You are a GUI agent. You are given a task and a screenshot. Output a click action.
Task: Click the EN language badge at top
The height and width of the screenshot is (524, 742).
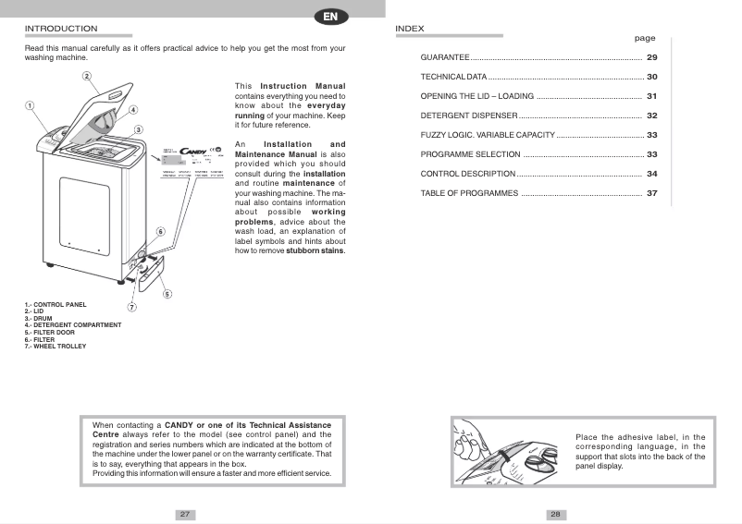tap(330, 16)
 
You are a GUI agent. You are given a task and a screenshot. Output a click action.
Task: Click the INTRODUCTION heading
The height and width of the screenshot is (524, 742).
tap(60, 29)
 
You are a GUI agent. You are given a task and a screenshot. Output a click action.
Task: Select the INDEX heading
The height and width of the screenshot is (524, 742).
tap(410, 29)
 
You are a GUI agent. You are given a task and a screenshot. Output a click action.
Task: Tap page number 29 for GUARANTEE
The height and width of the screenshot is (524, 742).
tap(651, 57)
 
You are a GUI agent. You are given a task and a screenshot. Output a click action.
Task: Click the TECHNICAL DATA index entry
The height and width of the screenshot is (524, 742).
tap(453, 77)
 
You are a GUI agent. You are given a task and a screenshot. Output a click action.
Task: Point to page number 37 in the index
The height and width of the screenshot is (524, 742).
tap(651, 193)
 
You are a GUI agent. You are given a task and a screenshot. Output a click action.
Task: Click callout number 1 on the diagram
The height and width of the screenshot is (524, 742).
tap(30, 105)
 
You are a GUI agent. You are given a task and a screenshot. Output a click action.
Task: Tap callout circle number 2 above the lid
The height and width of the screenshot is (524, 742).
tap(86, 76)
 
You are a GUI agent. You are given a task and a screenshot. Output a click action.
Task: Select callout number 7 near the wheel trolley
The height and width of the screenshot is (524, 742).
tap(131, 307)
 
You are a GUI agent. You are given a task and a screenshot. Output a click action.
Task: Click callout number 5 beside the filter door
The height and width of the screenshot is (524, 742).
tap(167, 294)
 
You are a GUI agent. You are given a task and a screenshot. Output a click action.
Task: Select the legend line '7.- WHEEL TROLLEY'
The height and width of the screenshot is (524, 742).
tap(56, 346)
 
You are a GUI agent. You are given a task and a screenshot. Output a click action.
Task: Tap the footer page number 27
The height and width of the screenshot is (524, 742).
tap(185, 514)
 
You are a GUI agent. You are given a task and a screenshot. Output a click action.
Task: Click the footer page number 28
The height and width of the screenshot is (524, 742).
tap(555, 514)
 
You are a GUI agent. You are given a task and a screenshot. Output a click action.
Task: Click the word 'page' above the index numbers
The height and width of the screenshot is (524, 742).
tap(645, 39)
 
